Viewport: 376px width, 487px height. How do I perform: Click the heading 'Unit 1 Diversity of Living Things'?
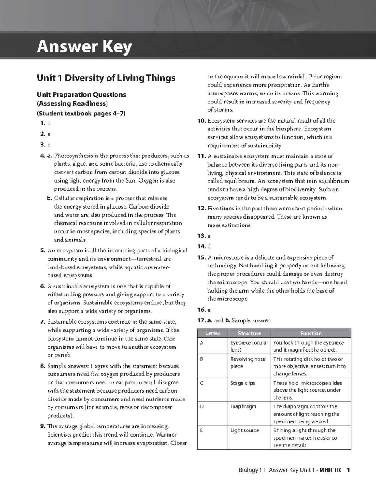[106, 78]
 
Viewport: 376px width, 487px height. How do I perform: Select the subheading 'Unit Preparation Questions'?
[81, 95]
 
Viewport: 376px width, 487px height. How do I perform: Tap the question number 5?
[43, 251]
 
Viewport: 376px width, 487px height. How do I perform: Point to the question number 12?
[201, 209]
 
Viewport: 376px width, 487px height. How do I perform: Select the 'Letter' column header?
[212, 333]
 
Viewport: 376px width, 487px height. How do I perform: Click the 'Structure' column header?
[249, 333]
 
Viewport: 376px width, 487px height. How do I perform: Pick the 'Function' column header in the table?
[311, 333]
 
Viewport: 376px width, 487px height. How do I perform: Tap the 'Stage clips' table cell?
[243, 383]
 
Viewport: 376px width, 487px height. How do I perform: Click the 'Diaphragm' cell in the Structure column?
[243, 406]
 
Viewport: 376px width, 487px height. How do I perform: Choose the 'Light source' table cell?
[244, 430]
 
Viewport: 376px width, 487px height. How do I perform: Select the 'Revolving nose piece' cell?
[248, 363]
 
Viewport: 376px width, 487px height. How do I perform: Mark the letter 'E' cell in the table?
[201, 430]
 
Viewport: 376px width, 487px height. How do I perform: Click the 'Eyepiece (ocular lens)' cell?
[249, 346]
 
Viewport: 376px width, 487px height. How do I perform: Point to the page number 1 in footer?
[348, 470]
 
